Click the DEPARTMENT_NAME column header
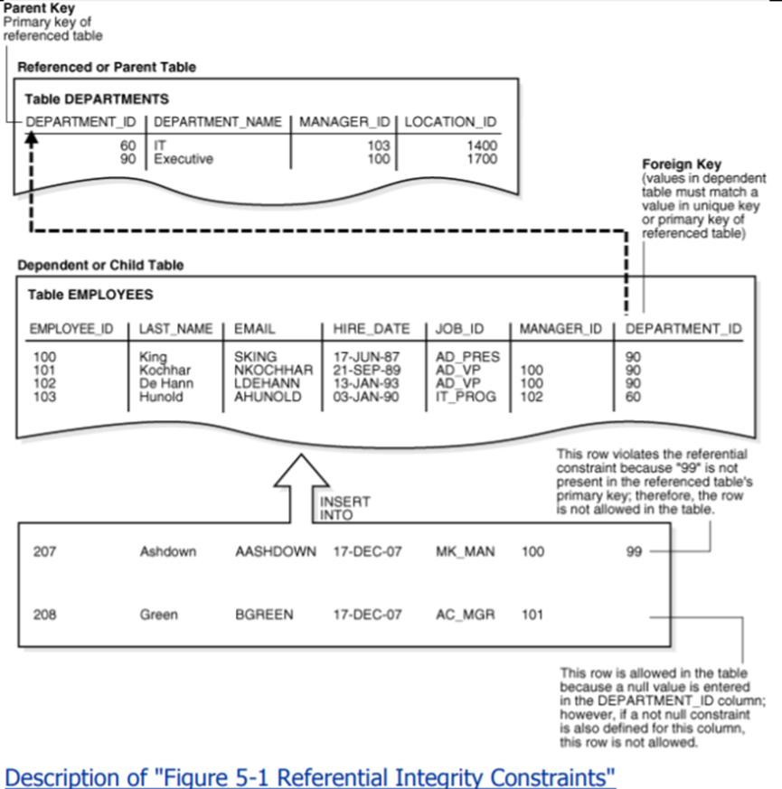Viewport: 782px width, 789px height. coord(218,122)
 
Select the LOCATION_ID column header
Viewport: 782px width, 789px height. coord(450,122)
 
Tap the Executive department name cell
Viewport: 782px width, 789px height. coord(184,159)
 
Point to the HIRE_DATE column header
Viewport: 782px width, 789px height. coord(372,329)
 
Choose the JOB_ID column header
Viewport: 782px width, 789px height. coord(460,329)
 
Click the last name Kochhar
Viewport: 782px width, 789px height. coord(165,370)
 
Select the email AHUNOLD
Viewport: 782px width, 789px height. coord(268,396)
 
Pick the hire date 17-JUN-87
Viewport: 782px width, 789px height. coord(366,357)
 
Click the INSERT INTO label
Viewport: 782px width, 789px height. coord(344,508)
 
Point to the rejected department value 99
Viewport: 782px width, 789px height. coord(633,551)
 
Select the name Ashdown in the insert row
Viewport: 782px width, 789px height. coord(168,551)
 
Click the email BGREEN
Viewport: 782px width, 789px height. coord(264,615)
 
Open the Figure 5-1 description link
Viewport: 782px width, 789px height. coord(310,776)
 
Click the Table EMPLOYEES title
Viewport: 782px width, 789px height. coord(90,295)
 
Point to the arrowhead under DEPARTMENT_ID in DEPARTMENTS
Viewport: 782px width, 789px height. coord(32,137)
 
